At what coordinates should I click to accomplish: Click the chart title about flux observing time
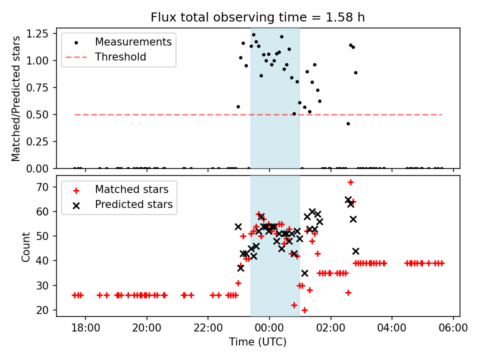click(x=257, y=17)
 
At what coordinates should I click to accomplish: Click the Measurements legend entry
click(x=133, y=41)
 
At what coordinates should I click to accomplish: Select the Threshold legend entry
click(x=120, y=57)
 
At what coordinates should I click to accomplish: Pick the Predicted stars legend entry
click(x=134, y=204)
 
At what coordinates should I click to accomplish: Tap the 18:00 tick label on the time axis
click(x=85, y=329)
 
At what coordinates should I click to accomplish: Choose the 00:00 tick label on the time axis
click(x=269, y=329)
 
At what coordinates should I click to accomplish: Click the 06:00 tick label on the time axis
click(x=453, y=329)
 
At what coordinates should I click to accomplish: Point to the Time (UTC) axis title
click(x=257, y=342)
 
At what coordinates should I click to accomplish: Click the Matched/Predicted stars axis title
click(x=16, y=98)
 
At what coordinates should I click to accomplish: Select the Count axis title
click(x=26, y=246)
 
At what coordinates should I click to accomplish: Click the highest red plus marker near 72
click(x=350, y=182)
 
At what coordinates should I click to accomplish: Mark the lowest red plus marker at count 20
click(x=304, y=310)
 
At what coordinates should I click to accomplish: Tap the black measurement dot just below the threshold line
click(x=348, y=123)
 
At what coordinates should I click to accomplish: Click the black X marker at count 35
click(x=304, y=273)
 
